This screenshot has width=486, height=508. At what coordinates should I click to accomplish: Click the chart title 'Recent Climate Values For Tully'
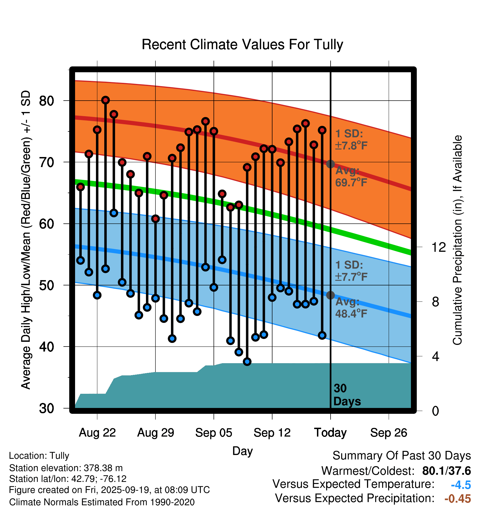[x=242, y=45]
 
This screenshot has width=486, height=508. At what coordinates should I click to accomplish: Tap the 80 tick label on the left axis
[x=46, y=101]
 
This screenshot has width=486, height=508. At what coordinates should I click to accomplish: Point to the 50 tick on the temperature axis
[x=46, y=285]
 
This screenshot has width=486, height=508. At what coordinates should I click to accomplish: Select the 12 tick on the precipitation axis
[x=438, y=247]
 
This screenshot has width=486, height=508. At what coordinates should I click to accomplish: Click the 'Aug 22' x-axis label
[x=97, y=433]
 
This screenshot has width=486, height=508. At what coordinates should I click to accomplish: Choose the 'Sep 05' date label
[x=214, y=433]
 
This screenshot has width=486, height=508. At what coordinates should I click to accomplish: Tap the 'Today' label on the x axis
[x=330, y=433]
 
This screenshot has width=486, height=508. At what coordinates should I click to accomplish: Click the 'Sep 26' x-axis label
[x=389, y=433]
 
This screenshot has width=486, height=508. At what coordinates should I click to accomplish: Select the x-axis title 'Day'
[x=242, y=451]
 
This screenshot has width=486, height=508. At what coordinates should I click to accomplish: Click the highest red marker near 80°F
[x=105, y=100]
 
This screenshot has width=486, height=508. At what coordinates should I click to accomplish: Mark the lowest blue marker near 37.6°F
[x=247, y=362]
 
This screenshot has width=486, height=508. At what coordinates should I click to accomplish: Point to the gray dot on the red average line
[x=330, y=164]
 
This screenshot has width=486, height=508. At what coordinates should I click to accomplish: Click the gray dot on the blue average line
[x=330, y=295]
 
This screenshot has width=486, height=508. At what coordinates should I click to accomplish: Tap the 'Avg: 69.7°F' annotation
[x=351, y=177]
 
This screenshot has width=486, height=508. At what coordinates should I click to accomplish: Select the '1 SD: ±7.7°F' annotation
[x=351, y=271]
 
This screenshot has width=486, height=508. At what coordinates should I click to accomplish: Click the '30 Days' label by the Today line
[x=347, y=395]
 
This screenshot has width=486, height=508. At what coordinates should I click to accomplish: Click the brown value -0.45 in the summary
[x=458, y=499]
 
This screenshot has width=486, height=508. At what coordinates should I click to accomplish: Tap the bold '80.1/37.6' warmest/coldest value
[x=446, y=471]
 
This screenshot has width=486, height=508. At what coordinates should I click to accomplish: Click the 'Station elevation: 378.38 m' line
[x=66, y=468]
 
